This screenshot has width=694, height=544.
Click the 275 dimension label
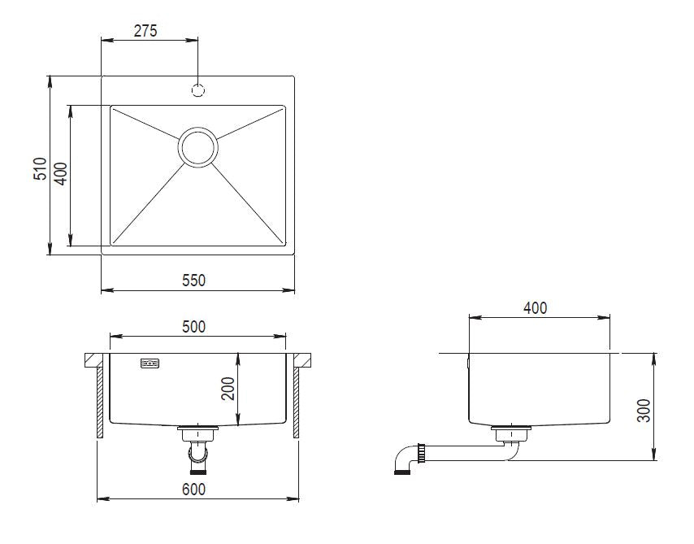(x=145, y=31)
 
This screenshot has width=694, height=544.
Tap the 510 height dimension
(x=41, y=168)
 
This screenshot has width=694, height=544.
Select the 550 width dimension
(x=194, y=281)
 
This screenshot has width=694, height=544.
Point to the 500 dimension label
(x=194, y=327)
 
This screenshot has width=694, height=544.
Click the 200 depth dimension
(x=228, y=389)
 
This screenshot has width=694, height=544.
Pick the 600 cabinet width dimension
(x=194, y=490)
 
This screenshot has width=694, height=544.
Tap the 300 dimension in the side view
(x=644, y=411)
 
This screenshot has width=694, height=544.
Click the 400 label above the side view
(x=535, y=308)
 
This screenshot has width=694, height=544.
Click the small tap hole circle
(x=197, y=90)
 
